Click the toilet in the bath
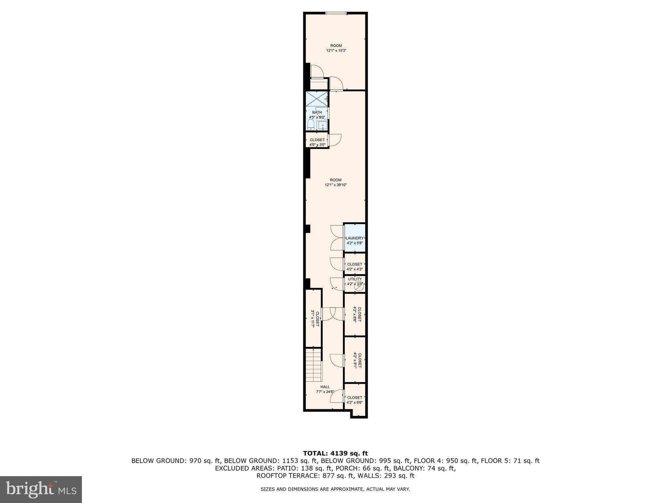(x=311, y=125)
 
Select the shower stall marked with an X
(x=316, y=99)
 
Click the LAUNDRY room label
(x=355, y=238)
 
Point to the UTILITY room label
(x=355, y=279)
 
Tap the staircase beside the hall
(x=314, y=365)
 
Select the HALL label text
(x=325, y=387)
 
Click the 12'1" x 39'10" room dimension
(x=335, y=185)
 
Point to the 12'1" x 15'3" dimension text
(x=336, y=51)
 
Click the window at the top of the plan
(x=336, y=13)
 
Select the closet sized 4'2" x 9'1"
(x=355, y=360)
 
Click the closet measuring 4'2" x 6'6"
(x=355, y=400)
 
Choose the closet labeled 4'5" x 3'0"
(x=317, y=142)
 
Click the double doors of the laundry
(x=337, y=237)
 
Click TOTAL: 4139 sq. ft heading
(x=335, y=454)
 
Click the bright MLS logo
(x=41, y=489)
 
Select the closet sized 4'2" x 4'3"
(x=355, y=267)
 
